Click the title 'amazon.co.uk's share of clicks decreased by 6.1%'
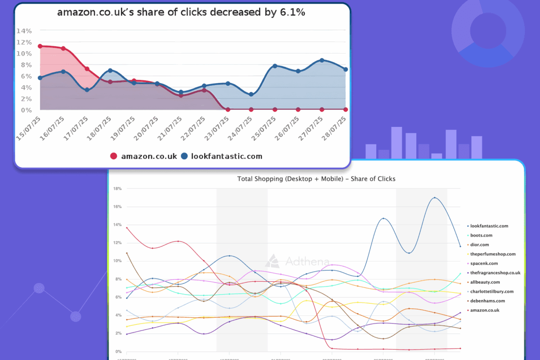coord(181,13)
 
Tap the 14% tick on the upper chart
coord(24,31)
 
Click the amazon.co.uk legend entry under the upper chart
coord(144,156)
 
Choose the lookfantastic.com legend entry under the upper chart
coord(221,156)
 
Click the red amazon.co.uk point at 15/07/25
coord(40,46)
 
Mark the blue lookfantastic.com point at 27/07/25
coord(322,60)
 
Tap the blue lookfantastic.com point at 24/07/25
coord(251,94)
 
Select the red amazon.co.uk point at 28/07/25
coord(346,109)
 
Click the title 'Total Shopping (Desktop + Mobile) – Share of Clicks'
coord(316,179)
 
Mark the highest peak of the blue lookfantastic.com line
coord(434,198)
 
